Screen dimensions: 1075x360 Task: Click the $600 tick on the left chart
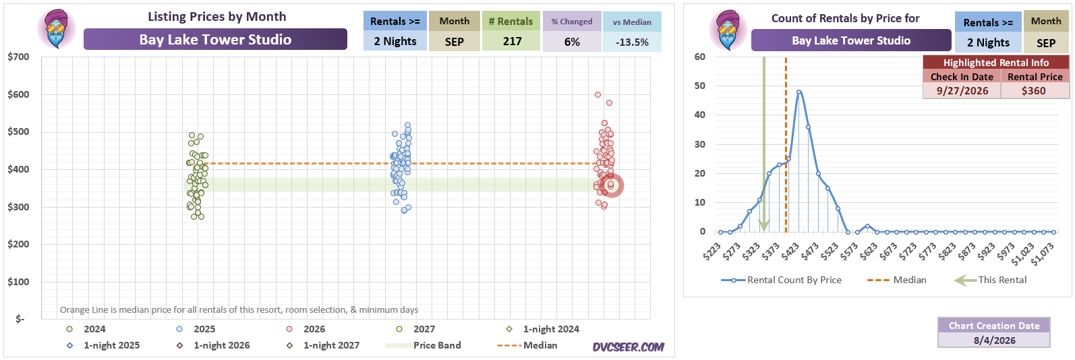tap(18, 94)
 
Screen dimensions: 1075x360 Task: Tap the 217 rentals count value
tap(512, 42)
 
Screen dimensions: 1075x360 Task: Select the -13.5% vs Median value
tap(632, 42)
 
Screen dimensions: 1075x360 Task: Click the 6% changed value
tap(572, 42)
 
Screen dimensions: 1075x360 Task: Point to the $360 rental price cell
tap(1034, 91)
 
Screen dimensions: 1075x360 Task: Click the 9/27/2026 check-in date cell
tap(962, 91)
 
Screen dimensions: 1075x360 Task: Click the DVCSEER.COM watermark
tap(628, 347)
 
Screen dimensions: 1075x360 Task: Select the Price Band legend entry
tap(424, 345)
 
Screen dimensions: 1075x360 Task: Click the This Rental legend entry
tap(990, 280)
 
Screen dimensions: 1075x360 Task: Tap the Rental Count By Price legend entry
tap(781, 280)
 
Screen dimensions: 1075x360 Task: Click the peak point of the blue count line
tap(798, 92)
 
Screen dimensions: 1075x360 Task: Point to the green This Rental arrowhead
tap(763, 225)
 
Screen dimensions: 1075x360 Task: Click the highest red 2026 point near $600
tap(598, 94)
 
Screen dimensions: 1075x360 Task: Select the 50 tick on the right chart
tap(700, 86)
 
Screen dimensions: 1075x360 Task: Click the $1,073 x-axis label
tap(1043, 253)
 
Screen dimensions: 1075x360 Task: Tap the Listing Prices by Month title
tap(217, 17)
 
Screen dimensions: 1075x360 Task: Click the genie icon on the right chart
tap(728, 30)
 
